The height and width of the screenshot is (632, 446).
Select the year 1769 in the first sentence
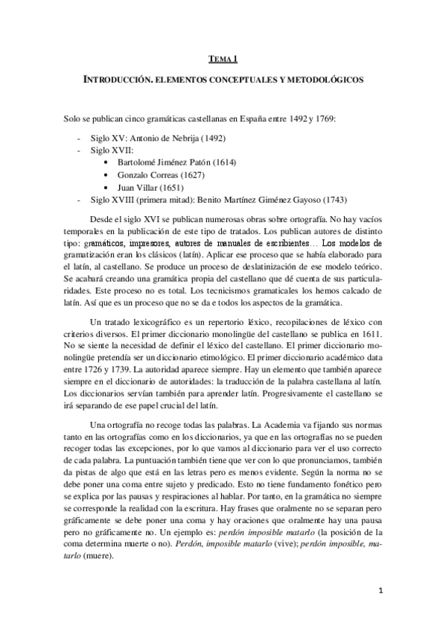(x=325, y=120)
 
